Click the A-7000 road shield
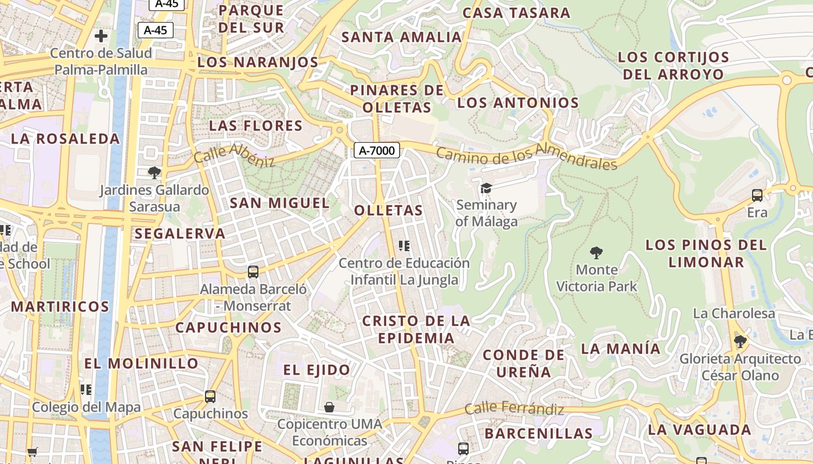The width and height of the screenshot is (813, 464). click(377, 151)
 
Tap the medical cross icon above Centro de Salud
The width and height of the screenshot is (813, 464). click(101, 36)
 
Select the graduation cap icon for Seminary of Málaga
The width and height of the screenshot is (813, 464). click(486, 188)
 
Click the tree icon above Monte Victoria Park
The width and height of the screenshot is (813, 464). click(596, 252)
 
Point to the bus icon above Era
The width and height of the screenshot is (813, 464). click(757, 195)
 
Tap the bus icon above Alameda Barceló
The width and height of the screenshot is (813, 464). click(253, 271)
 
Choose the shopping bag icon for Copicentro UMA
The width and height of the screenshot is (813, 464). click(329, 407)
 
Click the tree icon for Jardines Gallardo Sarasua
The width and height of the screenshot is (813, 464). click(154, 172)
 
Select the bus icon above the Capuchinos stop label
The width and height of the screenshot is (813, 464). click(210, 397)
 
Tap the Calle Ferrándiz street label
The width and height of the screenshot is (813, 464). click(515, 409)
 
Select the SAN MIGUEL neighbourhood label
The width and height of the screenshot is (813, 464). click(279, 203)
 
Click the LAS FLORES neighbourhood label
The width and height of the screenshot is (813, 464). click(256, 126)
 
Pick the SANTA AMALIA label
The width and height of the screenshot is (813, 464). click(401, 37)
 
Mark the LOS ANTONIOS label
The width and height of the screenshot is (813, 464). click(518, 103)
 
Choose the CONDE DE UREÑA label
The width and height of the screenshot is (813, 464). click(523, 363)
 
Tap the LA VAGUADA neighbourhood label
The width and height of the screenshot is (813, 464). click(699, 430)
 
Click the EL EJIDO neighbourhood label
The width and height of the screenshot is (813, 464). click(316, 369)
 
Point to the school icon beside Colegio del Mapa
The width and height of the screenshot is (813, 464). click(86, 389)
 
